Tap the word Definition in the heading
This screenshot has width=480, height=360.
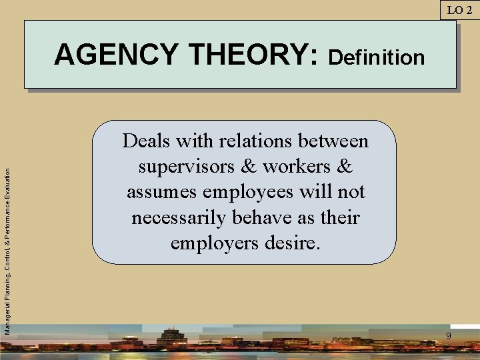[377, 57]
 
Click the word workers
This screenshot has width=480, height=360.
[295, 167]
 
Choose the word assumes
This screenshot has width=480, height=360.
[162, 192]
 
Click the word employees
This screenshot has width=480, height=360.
[253, 193]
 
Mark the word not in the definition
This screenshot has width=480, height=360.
[351, 192]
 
